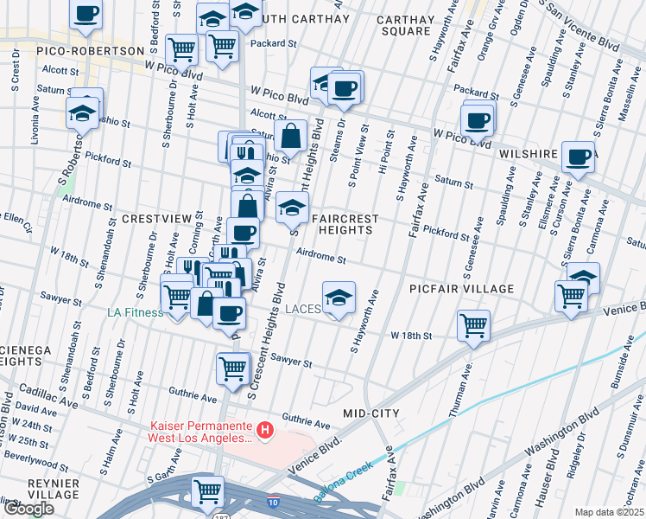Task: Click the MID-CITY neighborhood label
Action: (x=370, y=413)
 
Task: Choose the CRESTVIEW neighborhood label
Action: (x=155, y=219)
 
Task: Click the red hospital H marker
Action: (x=266, y=428)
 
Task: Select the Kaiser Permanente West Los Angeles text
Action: (x=201, y=432)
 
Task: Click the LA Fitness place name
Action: (x=134, y=312)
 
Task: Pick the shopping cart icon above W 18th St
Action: (x=473, y=326)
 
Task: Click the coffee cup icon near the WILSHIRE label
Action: (x=578, y=157)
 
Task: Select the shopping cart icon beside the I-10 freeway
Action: (x=208, y=491)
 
